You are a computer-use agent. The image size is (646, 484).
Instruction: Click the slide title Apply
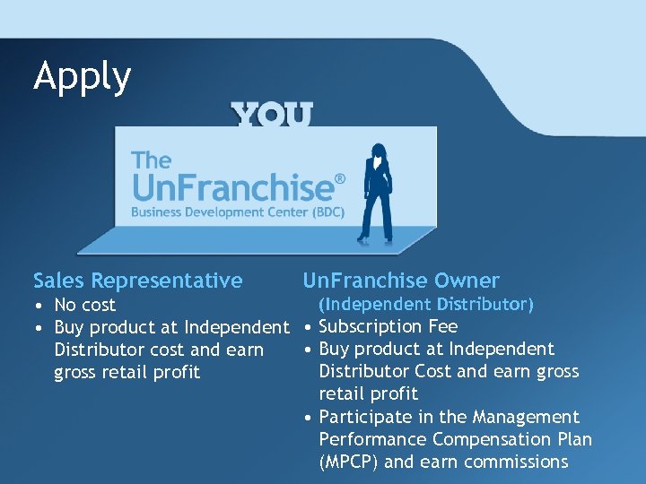pos(82,78)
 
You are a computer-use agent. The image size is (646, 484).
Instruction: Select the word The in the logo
pos(151,160)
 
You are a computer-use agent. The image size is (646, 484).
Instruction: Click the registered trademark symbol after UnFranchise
pos(339,180)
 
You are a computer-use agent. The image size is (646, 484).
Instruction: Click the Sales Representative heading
pos(137,281)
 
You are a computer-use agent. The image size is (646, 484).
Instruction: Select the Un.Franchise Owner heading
pos(400,281)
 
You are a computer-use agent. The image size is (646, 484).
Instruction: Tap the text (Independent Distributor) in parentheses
pos(426,305)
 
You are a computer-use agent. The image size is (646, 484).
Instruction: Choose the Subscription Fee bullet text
pos(388,326)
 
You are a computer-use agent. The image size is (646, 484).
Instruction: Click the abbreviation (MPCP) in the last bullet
pos(350,462)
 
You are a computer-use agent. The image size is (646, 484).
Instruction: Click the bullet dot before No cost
pos(39,306)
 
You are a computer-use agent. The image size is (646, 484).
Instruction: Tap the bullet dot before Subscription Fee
pos(308,327)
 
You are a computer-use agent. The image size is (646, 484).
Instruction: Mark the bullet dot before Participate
pos(308,418)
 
